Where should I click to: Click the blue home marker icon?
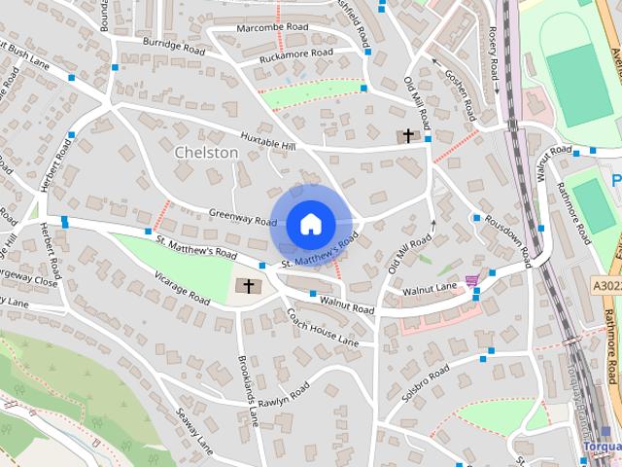pyautogui.click(x=309, y=225)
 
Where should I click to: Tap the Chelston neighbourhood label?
pyautogui.click(x=206, y=153)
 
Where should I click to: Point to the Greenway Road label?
pyautogui.click(x=243, y=221)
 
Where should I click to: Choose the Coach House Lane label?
pyautogui.click(x=323, y=328)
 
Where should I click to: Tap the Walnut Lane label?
pyautogui.click(x=432, y=288)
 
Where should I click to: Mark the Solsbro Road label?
pyautogui.click(x=426, y=383)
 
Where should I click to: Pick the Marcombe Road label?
pyautogui.click(x=272, y=27)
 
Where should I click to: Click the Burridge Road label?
pyautogui.click(x=172, y=45)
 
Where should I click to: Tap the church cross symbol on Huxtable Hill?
pyautogui.click(x=408, y=136)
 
